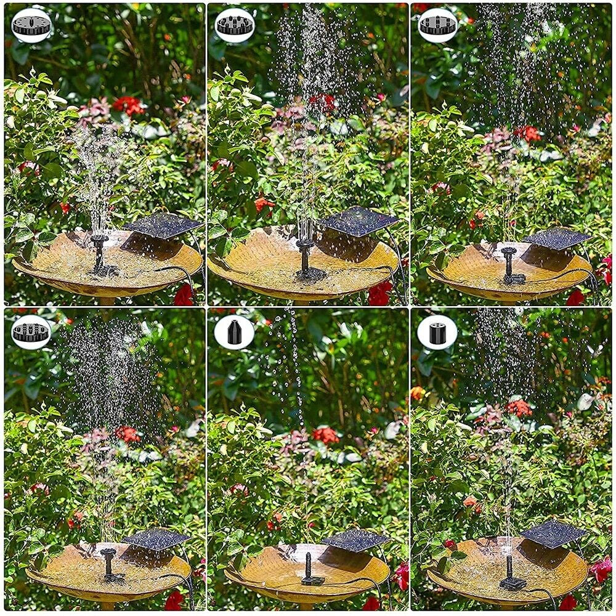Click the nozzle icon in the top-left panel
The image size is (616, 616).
[x=31, y=25]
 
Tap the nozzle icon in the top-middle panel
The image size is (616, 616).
[x=235, y=25]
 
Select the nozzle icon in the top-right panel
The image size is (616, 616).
[x=438, y=25]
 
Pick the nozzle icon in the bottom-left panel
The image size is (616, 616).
[x=31, y=332]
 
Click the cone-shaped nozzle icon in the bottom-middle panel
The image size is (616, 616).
[x=234, y=332]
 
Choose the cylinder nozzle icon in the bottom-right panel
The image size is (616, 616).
[x=437, y=332]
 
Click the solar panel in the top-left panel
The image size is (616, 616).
[x=163, y=225]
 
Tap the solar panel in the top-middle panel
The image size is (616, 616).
[x=359, y=221]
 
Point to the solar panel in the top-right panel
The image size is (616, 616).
[x=557, y=238]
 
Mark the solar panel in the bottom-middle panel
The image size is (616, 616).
[x=355, y=540]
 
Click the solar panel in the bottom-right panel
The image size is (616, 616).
[x=553, y=533]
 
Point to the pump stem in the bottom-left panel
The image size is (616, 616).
[x=109, y=562]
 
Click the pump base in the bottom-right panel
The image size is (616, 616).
[x=512, y=582]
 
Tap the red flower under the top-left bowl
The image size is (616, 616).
[x=184, y=296]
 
